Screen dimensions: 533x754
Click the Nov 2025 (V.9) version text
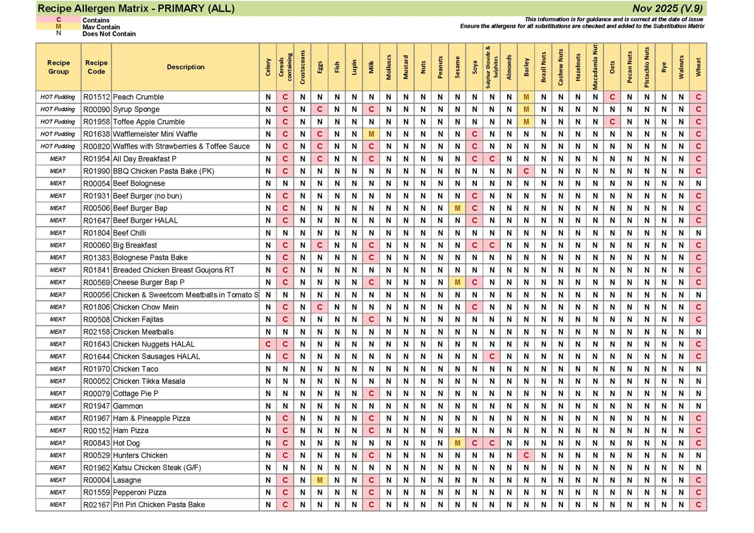pos(668,8)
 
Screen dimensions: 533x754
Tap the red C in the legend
pos(58,20)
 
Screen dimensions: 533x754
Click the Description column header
pos(185,67)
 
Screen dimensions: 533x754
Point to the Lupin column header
pos(354,67)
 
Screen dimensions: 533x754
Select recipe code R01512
pos(96,97)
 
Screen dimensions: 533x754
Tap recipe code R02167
pos(96,505)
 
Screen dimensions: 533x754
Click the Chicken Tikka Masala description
pos(149,381)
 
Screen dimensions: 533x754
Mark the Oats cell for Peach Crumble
pos(612,97)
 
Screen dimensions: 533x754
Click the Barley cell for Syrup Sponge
pos(526,109)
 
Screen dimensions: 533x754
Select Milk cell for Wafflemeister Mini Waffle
pos(371,134)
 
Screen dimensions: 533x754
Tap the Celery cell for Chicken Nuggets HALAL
pos(268,344)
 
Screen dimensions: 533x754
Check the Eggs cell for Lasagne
pos(320,480)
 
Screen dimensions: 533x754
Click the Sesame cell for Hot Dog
pos(457,443)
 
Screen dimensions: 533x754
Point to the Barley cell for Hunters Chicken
pos(526,455)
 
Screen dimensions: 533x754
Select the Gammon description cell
pos(128,406)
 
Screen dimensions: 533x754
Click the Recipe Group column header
pos(58,67)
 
